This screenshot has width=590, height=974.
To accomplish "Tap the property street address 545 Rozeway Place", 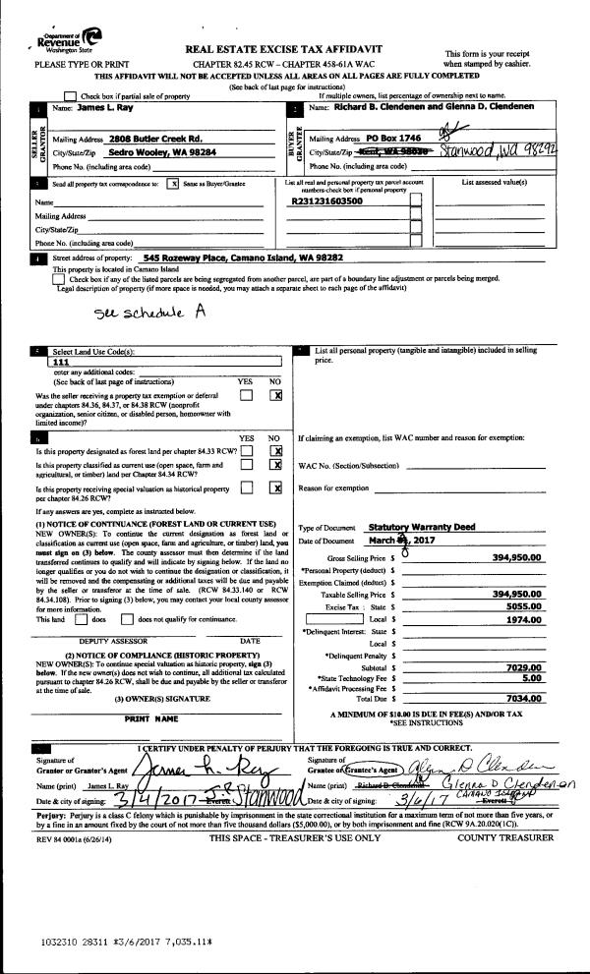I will pos(242,257).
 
